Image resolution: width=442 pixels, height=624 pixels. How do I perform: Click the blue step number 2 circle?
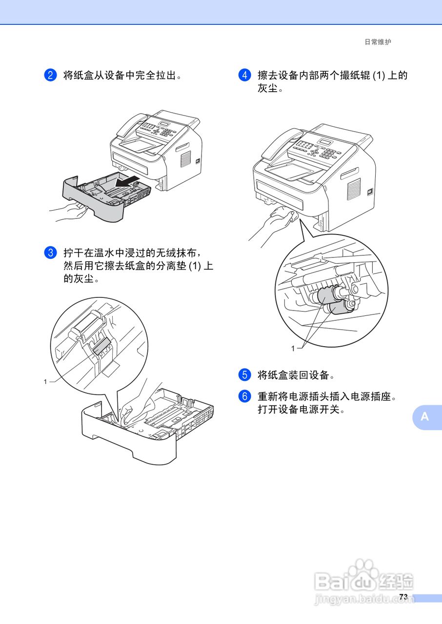click(51, 75)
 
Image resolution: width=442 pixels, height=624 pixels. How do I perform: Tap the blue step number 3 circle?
click(51, 253)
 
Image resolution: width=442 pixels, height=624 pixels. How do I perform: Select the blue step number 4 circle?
click(244, 75)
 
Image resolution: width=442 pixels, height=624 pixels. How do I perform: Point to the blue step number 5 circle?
click(244, 375)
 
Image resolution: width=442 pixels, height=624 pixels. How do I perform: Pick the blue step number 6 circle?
click(244, 396)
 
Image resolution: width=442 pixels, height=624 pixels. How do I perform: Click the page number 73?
click(403, 597)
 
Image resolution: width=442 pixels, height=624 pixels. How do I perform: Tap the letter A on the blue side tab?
click(425, 417)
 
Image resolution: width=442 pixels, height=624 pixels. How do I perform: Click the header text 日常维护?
click(378, 42)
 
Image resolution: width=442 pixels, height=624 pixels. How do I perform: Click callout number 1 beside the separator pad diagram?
click(45, 382)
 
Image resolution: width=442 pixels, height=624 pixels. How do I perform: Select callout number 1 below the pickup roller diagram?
click(293, 348)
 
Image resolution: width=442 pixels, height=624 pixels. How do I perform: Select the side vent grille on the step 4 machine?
click(354, 189)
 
